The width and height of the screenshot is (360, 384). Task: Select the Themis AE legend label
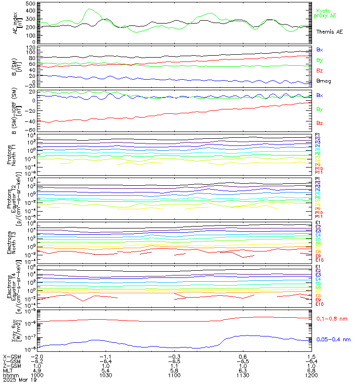pyautogui.click(x=329, y=31)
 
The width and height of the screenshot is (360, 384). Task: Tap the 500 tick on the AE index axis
pyautogui.click(x=30, y=4)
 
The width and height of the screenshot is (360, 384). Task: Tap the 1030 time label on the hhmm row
pyautogui.click(x=106, y=375)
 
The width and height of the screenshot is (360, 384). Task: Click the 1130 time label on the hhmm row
pyautogui.click(x=243, y=375)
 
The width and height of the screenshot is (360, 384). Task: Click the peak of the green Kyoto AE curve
pyautogui.click(x=89, y=9)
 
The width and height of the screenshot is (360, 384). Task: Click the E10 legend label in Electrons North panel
pyautogui.click(x=319, y=260)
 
